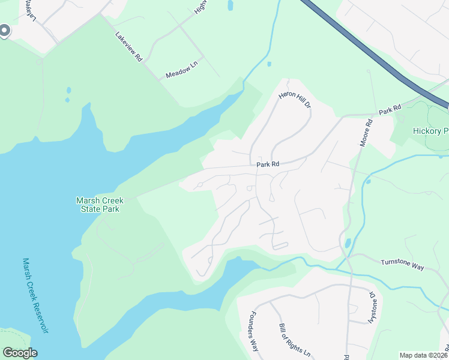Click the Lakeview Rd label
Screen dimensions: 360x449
coord(129,46)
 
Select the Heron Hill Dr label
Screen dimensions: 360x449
coord(295,100)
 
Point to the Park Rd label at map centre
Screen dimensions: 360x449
coord(268,164)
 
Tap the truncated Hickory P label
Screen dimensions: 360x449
coord(430,131)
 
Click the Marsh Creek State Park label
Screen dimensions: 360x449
coord(98,205)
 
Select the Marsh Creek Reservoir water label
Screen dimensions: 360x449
coord(34,296)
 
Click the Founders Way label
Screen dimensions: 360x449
coord(253,331)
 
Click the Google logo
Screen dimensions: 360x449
coord(20,353)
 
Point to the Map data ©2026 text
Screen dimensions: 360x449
coord(424,355)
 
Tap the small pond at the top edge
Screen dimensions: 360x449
coord(230,5)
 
